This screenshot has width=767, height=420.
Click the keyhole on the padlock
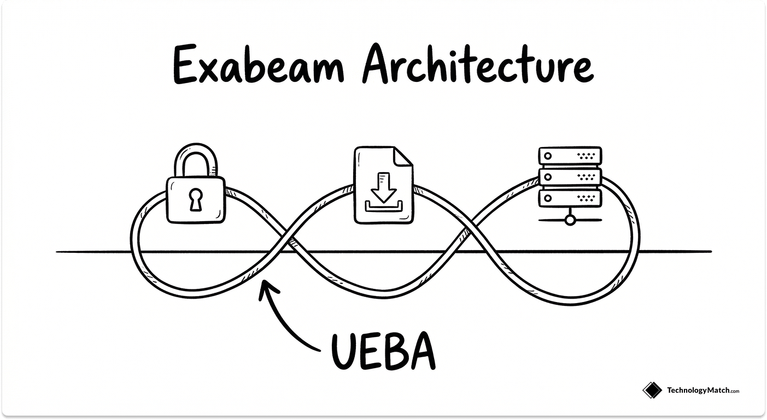tap(195, 200)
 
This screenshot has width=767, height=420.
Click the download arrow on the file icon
tap(383, 186)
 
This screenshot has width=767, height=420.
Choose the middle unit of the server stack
tap(570, 176)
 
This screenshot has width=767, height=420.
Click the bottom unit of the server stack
tap(570, 197)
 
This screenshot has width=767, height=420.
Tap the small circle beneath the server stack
tap(570, 220)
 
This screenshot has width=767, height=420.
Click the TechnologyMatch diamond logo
tap(652, 390)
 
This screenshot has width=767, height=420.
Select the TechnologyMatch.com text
tap(702, 391)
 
